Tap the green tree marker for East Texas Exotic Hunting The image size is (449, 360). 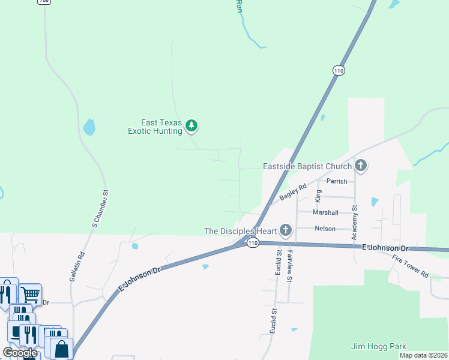point(191,126)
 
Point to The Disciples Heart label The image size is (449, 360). point(240,231)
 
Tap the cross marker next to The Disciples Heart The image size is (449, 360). point(285,230)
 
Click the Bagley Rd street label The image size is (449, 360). point(293,193)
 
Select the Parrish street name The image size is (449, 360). point(337,181)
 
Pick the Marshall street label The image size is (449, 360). point(325,212)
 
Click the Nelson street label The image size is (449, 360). point(325,229)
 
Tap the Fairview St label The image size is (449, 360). point(290,266)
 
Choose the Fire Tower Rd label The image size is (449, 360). point(411,266)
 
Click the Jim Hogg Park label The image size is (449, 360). point(379,346)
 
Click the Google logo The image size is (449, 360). point(20,353)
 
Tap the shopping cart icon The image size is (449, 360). point(30,294)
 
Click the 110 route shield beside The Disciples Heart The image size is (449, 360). point(252,243)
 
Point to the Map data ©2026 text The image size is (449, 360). point(423,355)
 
